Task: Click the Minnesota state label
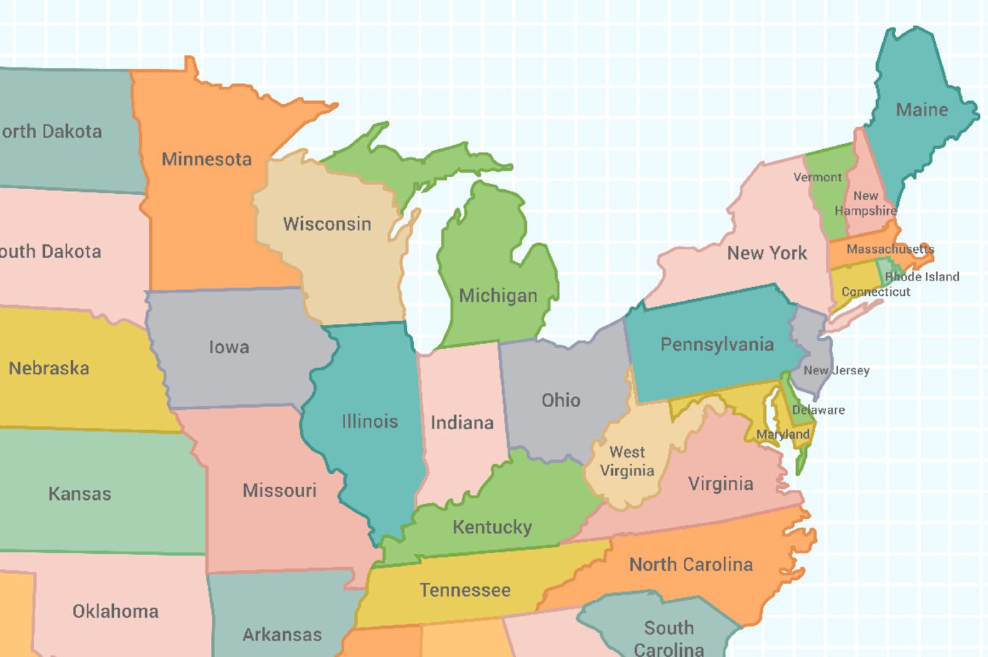[207, 159]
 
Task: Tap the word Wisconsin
[327, 224]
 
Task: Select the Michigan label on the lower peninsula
[498, 295]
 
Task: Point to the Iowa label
[229, 347]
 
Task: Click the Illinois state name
[370, 421]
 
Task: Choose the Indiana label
[462, 423]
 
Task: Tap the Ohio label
[561, 400]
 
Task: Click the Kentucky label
[492, 527]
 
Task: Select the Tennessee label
[465, 590]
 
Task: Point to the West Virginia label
[627, 461]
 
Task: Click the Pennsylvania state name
[717, 344]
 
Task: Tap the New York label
[767, 253]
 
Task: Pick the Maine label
[921, 110]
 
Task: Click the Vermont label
[817, 177]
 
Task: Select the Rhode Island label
[922, 277]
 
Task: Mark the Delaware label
[818, 410]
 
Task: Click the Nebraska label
[49, 368]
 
